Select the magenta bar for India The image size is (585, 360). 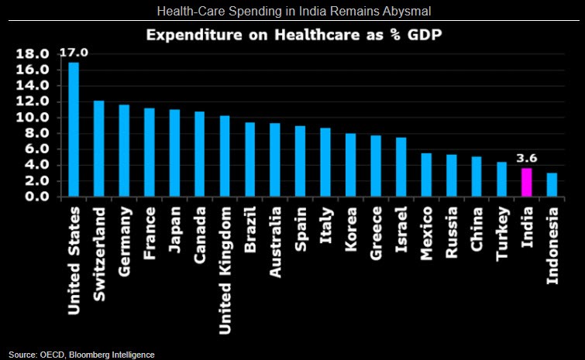click(527, 182)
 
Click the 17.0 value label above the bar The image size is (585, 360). click(73, 53)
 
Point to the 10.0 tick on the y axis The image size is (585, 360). click(33, 118)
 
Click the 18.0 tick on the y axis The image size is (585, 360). click(33, 54)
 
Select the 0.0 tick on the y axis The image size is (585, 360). click(37, 197)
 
